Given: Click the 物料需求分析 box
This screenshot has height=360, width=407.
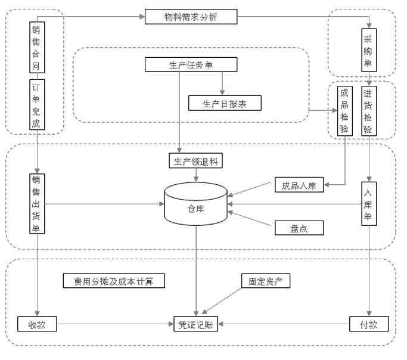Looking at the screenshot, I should tap(191, 17).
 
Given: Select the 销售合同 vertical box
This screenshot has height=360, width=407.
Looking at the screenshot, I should tap(36, 48).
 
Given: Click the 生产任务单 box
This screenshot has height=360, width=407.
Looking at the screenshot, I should tap(191, 64).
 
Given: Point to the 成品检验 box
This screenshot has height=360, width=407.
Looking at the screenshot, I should tap(344, 111).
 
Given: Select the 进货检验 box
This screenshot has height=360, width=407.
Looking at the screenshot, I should tap(368, 111).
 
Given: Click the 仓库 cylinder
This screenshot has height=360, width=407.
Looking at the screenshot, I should tap(195, 206).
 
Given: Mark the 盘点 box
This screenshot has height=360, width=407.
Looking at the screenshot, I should tap(299, 228).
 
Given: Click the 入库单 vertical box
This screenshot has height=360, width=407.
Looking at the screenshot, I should tap(368, 204).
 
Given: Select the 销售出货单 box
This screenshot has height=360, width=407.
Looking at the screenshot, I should tap(37, 204).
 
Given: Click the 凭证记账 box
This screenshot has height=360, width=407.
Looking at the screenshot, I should tap(195, 325).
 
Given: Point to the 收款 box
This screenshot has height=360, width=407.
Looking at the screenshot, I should tap(37, 325).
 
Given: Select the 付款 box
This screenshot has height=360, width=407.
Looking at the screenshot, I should tap(369, 325).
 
